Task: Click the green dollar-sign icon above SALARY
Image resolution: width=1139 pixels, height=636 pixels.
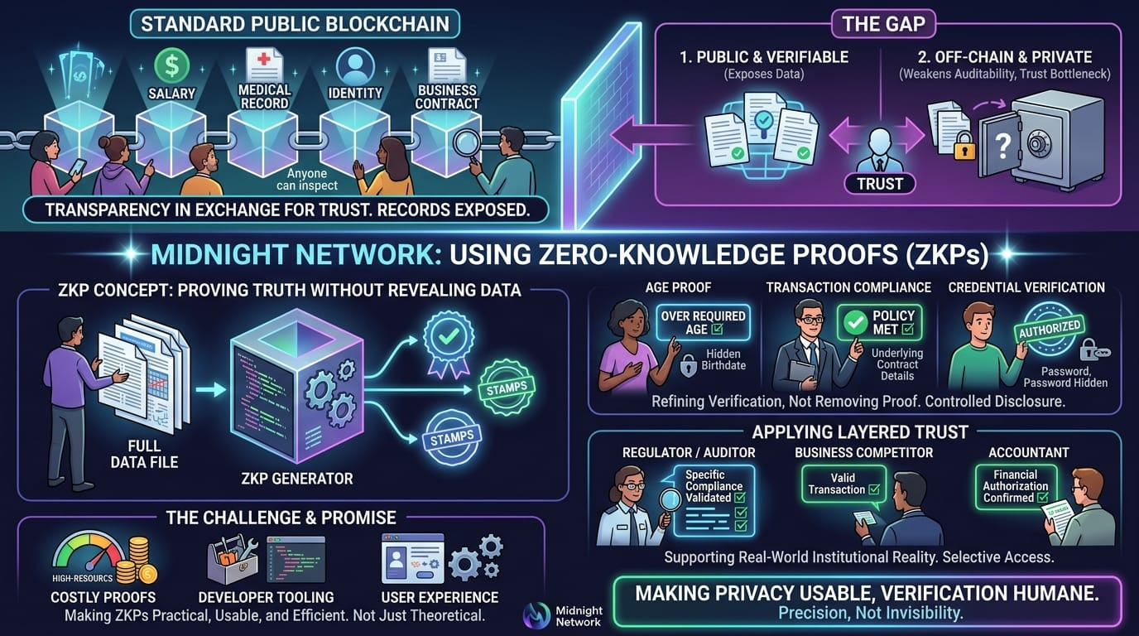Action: coord(172,64)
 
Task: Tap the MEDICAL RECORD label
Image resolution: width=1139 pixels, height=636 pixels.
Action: coord(264,97)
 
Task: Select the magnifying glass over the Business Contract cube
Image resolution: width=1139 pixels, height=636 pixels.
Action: coord(467,144)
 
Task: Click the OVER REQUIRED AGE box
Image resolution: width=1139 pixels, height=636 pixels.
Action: coord(703,323)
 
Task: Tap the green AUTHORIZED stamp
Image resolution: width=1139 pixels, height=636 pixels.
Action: coord(1048,328)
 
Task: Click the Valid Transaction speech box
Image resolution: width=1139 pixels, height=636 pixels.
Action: coord(843,484)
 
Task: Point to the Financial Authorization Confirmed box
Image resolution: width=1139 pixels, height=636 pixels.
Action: coord(1015,486)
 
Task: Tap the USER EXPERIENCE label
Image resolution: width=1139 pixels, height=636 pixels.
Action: coord(439,597)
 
